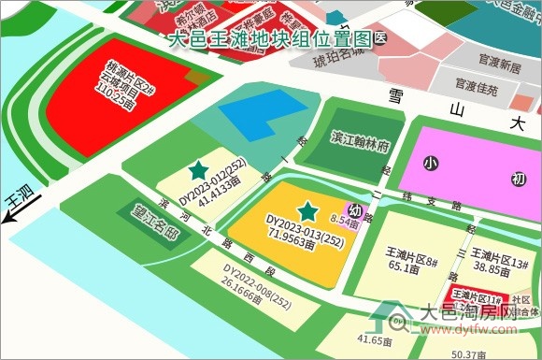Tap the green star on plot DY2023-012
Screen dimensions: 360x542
(197, 170)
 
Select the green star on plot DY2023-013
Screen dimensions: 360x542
(306, 211)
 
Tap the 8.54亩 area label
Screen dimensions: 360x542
(345, 223)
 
